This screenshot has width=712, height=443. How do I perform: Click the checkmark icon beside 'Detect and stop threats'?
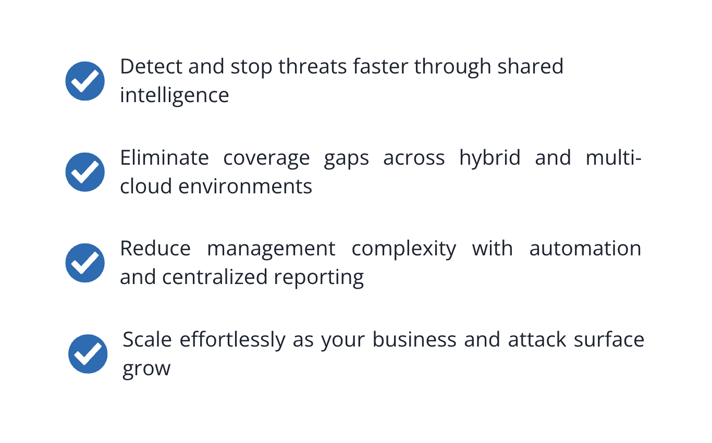click(x=85, y=81)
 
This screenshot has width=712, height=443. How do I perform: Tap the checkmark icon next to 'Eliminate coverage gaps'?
click(x=85, y=171)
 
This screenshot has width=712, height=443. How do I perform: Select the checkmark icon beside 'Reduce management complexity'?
click(x=85, y=263)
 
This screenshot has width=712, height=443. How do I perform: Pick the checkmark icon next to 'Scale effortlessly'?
click(x=88, y=354)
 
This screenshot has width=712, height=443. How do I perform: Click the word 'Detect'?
click(x=151, y=67)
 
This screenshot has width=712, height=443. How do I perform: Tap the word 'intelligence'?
click(x=174, y=96)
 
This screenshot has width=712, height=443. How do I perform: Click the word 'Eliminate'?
click(x=164, y=157)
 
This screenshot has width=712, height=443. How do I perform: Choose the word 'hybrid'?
click(x=489, y=157)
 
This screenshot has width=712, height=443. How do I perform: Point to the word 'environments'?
click(x=245, y=186)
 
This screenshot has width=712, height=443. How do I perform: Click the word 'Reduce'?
click(x=155, y=249)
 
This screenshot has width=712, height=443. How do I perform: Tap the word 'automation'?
click(x=585, y=249)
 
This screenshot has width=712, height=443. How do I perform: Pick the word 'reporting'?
click(x=318, y=278)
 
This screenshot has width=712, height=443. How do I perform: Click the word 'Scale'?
click(x=147, y=340)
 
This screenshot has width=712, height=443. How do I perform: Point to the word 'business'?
click(x=415, y=340)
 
